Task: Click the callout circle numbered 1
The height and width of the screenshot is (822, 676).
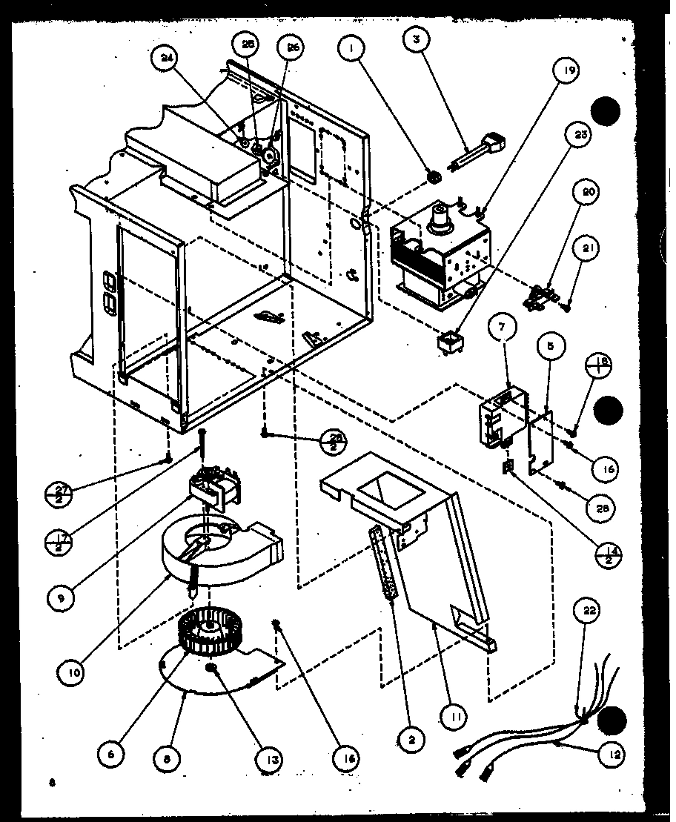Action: tap(348, 50)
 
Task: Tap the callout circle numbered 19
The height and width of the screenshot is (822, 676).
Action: tap(565, 72)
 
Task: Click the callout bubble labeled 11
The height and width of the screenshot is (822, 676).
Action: tap(453, 716)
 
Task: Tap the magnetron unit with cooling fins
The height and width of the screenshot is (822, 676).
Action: tap(442, 256)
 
